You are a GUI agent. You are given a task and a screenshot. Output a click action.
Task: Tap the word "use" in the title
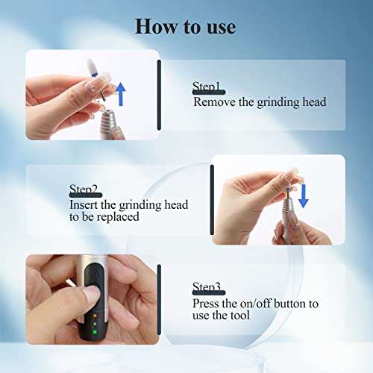coord(222,28)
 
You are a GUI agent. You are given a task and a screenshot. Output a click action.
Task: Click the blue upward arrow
coord(121,94)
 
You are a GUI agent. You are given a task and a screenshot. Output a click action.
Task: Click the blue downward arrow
coord(304,196)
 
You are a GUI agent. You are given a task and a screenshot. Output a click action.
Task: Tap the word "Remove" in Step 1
coord(214,102)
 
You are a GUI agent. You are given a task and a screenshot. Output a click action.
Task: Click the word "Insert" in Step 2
coord(84,205)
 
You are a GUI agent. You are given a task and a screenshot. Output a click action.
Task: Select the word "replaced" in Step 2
coord(118,217)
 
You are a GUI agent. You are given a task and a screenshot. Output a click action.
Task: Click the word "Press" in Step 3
coord(206,304)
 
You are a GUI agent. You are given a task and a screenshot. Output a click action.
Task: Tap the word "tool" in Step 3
coord(240,316)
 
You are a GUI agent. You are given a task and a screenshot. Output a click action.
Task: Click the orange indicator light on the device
coord(95,316)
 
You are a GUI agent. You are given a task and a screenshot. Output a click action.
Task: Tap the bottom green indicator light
coord(95,332)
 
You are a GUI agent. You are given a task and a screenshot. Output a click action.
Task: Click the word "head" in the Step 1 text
coord(314,102)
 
